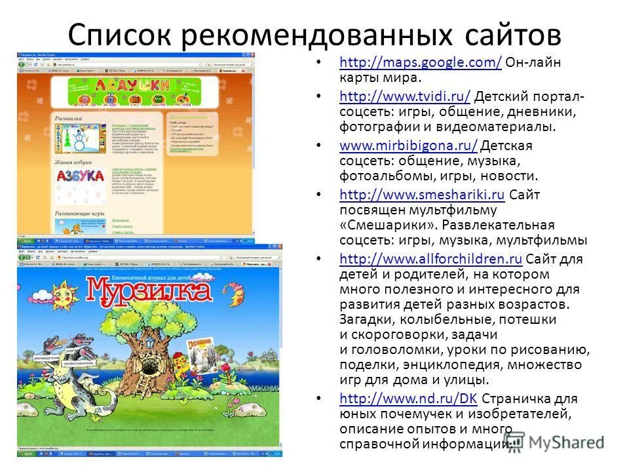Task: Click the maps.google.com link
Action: [421, 64]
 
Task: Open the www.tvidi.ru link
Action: [405, 97]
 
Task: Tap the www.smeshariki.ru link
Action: [422, 194]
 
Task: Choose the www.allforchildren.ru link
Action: [430, 258]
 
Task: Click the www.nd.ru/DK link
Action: [409, 398]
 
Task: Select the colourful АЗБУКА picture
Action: [80, 176]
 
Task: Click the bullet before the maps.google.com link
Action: [319, 64]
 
